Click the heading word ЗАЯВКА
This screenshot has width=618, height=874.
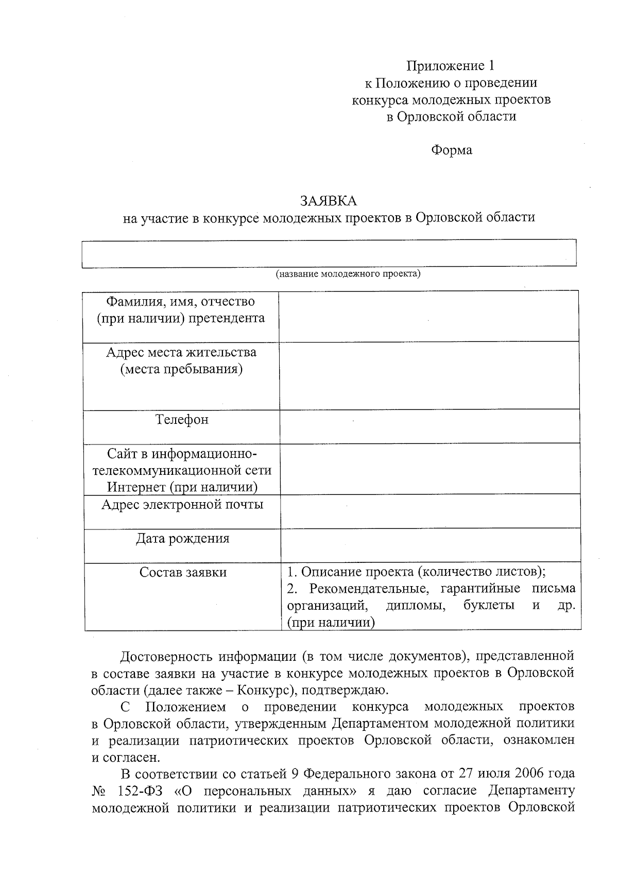point(329,200)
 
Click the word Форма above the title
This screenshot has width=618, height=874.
point(451,150)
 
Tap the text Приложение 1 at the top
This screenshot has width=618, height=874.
point(451,66)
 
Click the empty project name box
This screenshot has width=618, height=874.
point(329,253)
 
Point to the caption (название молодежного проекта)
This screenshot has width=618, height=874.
point(348,274)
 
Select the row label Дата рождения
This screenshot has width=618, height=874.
point(182,539)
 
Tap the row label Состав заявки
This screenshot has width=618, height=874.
point(183,572)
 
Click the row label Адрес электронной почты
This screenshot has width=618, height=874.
point(182,504)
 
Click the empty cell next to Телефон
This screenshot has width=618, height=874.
point(430,426)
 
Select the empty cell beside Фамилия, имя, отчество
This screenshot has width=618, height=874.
point(428,316)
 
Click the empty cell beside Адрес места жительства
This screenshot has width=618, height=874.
point(429,375)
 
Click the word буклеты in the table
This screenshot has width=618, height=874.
point(488,606)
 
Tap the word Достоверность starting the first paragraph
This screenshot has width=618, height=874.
point(165,657)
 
